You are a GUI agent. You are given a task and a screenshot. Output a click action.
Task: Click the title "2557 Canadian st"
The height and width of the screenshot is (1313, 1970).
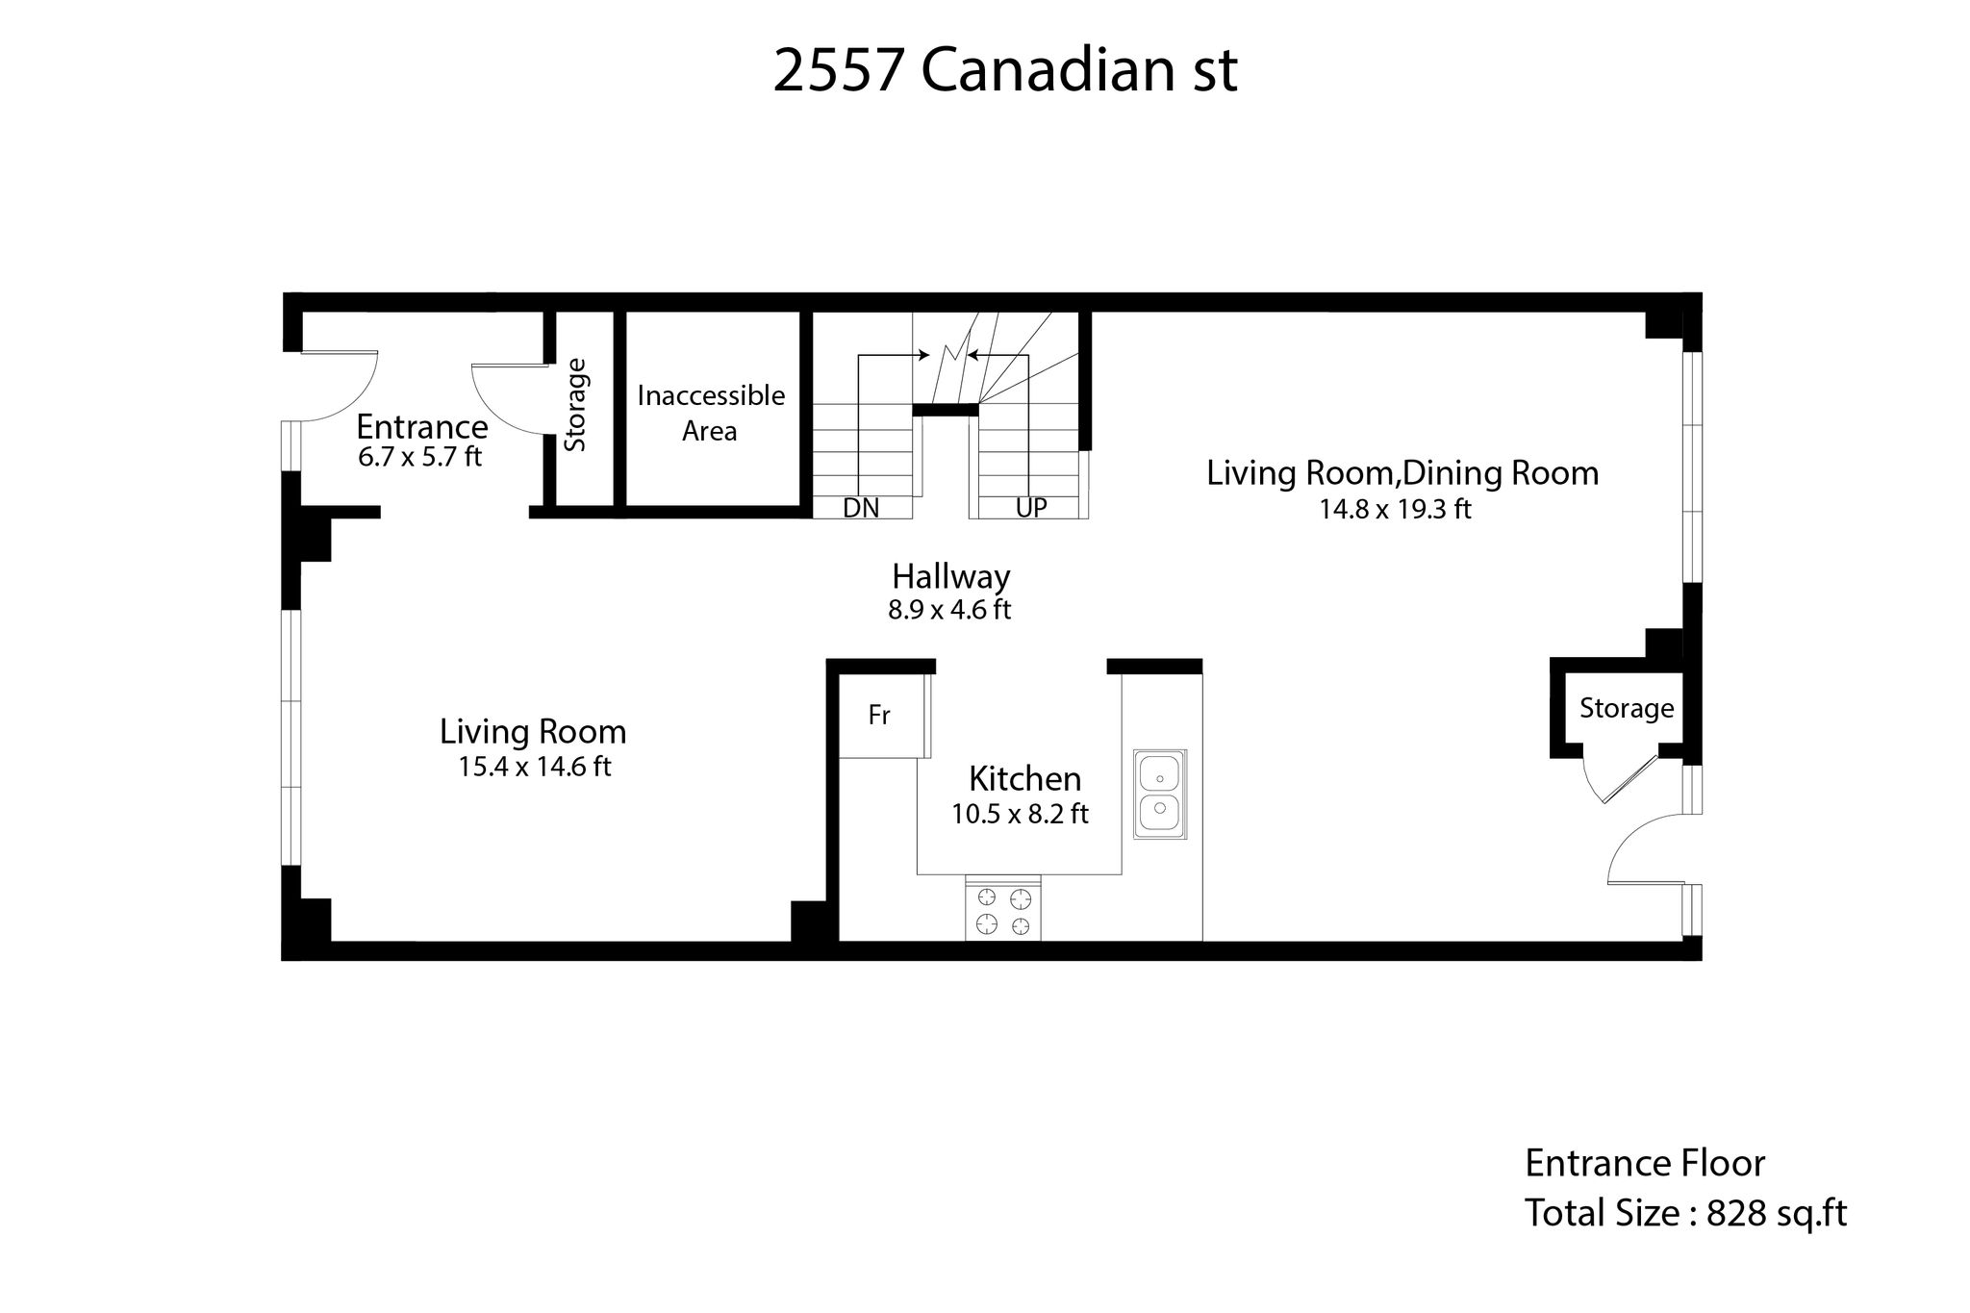1004,70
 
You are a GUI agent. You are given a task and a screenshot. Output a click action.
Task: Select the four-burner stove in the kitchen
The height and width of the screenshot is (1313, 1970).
1003,908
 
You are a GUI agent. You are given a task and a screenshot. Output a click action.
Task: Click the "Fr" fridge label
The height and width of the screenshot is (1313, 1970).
879,715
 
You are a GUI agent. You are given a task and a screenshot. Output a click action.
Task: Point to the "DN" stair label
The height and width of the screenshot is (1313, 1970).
861,508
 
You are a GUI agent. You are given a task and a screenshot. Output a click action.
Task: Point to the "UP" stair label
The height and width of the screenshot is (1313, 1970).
1031,507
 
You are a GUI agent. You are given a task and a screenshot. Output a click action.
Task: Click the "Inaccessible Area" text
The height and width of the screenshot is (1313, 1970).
711,413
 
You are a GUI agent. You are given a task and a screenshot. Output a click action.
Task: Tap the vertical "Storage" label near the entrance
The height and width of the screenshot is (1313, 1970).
575,405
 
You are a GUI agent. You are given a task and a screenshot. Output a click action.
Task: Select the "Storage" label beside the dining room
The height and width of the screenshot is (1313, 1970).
1627,709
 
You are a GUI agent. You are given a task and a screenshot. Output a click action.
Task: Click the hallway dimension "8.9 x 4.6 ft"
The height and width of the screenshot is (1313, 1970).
949,610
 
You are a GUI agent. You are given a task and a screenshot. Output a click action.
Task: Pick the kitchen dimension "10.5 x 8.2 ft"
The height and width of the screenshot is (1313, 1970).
1020,815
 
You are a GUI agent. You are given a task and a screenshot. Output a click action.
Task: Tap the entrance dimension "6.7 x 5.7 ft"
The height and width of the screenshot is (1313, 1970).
419,457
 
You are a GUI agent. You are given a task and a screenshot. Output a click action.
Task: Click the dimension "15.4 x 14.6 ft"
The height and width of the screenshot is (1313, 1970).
535,767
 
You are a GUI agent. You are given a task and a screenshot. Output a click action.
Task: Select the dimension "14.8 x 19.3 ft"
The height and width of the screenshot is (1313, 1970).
1395,509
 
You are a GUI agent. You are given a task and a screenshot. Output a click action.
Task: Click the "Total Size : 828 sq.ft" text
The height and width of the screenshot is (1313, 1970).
1685,1213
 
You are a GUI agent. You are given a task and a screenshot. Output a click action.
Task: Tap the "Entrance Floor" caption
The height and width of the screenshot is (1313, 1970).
1645,1164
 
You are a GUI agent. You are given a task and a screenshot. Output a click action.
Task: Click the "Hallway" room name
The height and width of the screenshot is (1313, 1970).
950,577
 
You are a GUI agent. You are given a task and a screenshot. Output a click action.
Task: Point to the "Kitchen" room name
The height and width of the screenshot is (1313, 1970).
1024,778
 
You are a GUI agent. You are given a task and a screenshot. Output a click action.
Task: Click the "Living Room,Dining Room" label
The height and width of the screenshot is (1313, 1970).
1402,473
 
